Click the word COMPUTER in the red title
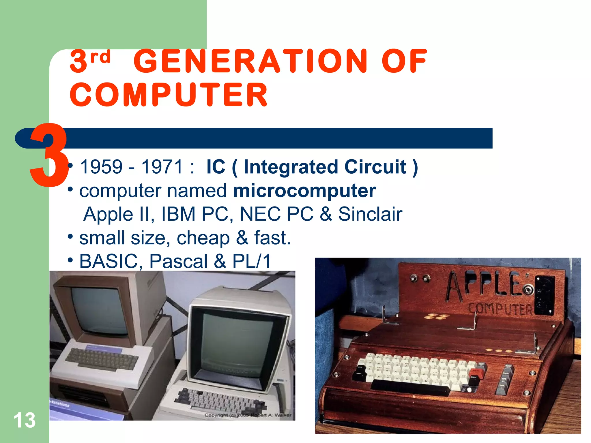169,95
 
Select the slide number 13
25,420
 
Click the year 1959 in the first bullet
101,167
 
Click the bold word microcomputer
304,191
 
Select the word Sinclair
370,214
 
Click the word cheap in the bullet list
203,238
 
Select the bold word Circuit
375,167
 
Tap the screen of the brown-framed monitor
98,310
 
